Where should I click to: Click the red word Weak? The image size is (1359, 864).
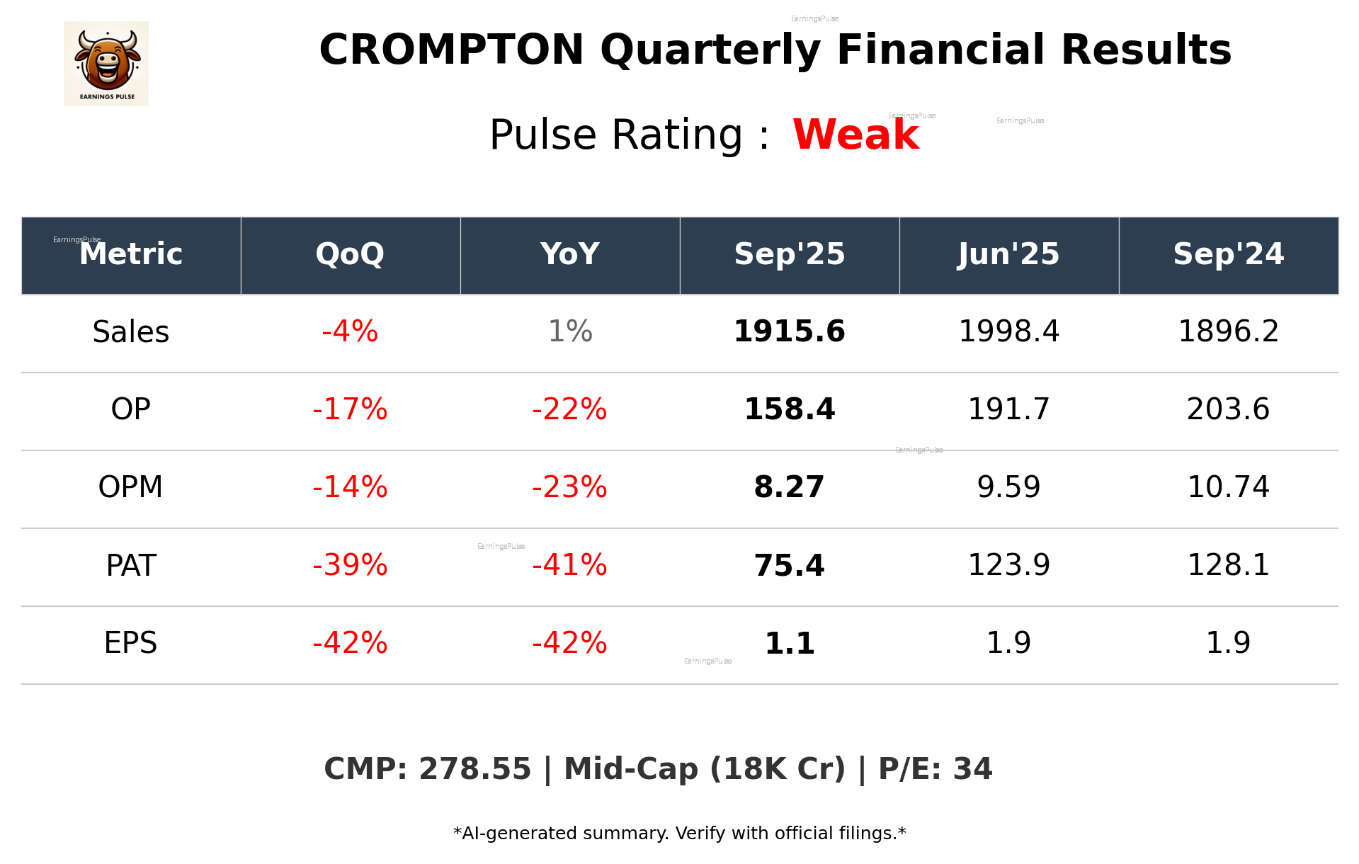pos(855,135)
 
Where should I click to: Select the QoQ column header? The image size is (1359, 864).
pos(350,254)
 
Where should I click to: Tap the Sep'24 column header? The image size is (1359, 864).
pos(1228,254)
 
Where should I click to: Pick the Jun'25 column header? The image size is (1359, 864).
pos(1008,254)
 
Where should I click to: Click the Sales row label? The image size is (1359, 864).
pos(131,331)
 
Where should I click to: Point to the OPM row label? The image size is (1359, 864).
pos(131,487)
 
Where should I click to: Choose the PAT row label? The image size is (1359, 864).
pos(131,565)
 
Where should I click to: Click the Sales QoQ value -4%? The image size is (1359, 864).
pos(350,331)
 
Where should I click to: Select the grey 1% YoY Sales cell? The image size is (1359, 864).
pos(570,331)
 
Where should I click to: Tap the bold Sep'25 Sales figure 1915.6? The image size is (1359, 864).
pos(789,331)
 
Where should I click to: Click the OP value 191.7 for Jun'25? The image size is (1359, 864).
pos(1008,409)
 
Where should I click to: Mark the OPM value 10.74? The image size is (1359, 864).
pos(1228,487)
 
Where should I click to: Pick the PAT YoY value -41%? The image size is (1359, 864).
pos(570,565)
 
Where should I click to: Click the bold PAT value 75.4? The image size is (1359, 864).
pos(789,565)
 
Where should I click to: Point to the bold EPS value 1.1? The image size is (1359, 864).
pos(789,643)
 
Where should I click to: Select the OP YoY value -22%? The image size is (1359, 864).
pos(570,409)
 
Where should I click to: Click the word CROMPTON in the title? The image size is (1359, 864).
pos(451,50)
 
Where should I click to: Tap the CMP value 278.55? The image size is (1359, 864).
pos(474,769)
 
